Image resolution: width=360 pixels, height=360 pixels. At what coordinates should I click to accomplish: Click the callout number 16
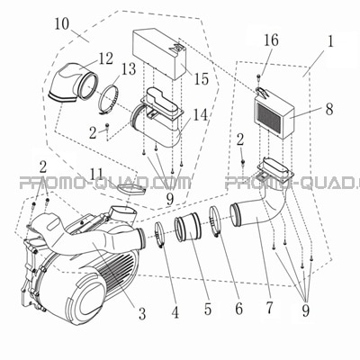point(271,40)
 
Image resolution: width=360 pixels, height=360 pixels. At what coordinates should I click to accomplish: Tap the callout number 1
point(330,41)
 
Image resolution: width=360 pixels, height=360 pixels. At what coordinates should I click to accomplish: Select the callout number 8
point(329,109)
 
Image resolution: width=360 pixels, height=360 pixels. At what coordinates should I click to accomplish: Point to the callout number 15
point(201,78)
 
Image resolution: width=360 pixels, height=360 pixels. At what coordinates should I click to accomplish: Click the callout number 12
point(104,58)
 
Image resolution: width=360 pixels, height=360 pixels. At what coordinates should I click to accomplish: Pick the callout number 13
point(129,68)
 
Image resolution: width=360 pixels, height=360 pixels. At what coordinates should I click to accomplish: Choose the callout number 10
point(62,23)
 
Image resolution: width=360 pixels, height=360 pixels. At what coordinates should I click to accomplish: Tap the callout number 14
point(200,115)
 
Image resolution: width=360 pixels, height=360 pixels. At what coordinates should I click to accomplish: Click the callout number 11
point(96,174)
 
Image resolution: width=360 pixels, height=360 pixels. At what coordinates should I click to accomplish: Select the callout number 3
point(142,314)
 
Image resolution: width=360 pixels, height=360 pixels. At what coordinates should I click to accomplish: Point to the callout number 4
point(175,312)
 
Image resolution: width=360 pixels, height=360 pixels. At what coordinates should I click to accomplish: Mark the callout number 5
point(208,309)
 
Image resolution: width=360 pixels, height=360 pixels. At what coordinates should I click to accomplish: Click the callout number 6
point(238,309)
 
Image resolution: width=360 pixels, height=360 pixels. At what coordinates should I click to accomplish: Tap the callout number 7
point(269,308)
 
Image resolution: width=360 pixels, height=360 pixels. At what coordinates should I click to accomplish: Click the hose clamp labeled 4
point(160,235)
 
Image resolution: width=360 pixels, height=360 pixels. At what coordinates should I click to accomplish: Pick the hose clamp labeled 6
point(215,220)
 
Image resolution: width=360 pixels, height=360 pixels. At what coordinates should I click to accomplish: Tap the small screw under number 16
point(258,78)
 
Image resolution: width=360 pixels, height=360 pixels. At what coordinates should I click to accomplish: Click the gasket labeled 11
point(130,190)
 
